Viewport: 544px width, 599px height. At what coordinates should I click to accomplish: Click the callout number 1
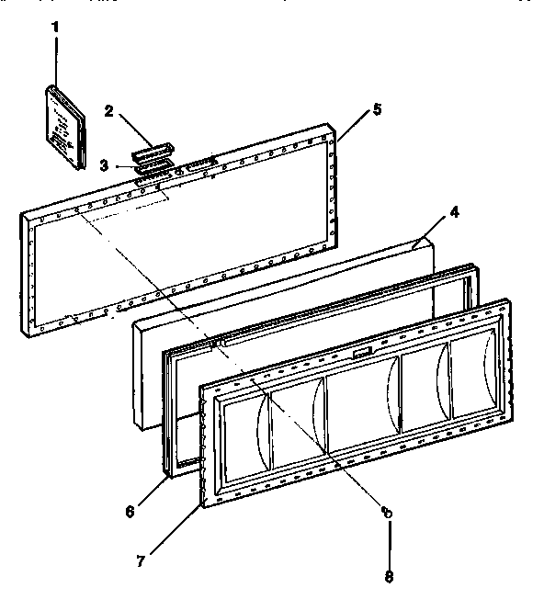(54, 27)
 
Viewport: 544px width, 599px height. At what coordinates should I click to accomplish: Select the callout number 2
(108, 112)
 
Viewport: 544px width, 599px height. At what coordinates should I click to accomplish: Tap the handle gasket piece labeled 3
(152, 166)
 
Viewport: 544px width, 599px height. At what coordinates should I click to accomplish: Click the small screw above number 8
(388, 512)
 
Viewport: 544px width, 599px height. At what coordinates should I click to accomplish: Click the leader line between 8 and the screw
(389, 542)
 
